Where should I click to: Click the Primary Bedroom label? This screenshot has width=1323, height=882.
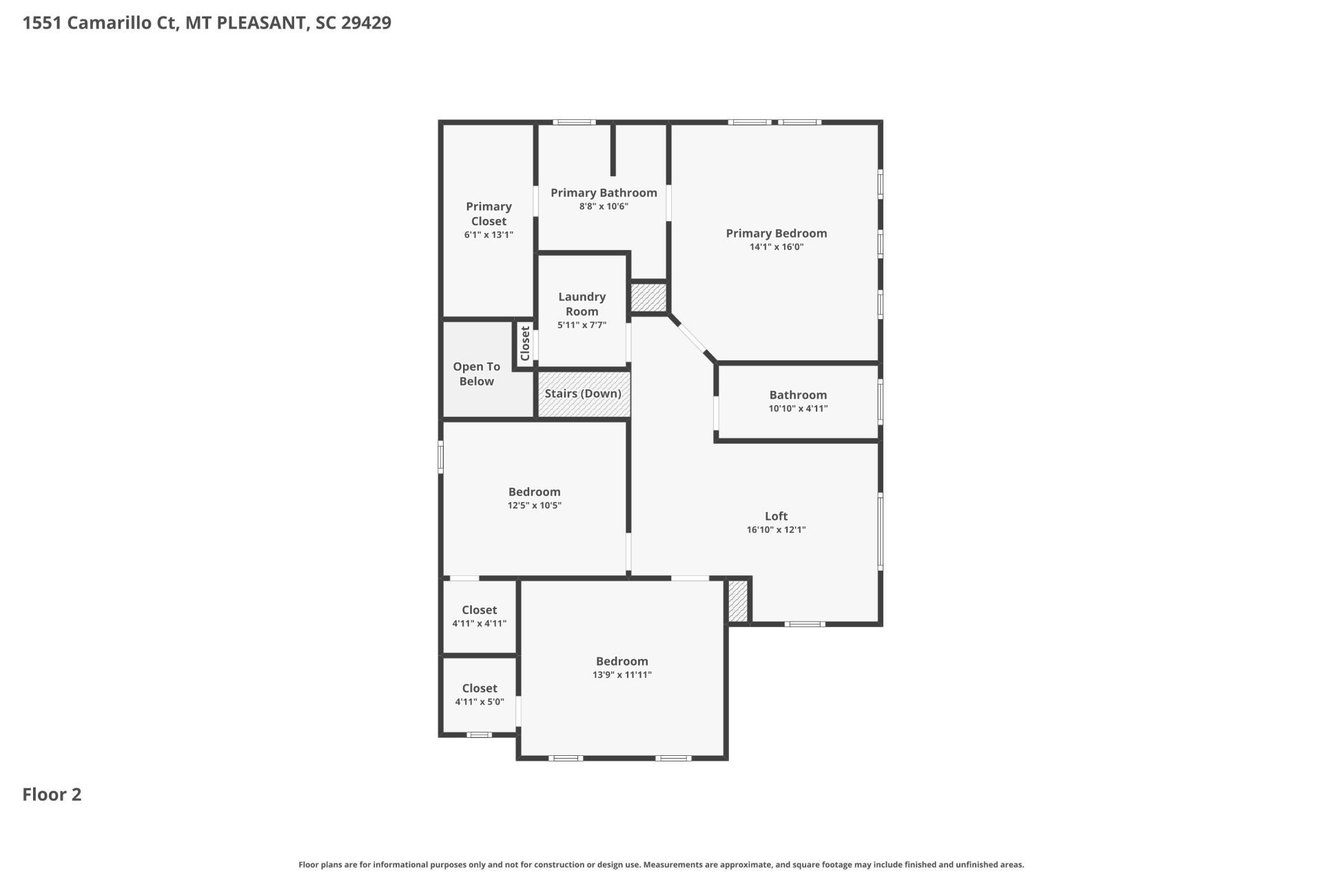tap(776, 234)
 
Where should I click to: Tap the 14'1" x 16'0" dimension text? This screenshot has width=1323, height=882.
tap(776, 247)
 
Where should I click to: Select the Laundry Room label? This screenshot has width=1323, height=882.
tap(582, 304)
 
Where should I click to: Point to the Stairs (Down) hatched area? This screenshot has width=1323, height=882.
tap(583, 393)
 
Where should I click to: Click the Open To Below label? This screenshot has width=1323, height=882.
tap(476, 373)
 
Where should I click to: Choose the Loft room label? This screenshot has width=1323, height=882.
tap(776, 516)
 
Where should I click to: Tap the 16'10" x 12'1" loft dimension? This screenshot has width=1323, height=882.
tap(776, 530)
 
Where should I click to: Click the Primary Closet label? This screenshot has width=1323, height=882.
tap(489, 214)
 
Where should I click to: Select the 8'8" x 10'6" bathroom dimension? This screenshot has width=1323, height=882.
tap(604, 206)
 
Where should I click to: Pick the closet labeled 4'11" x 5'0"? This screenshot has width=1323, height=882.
tap(480, 695)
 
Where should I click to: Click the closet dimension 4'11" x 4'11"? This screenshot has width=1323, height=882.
tap(479, 624)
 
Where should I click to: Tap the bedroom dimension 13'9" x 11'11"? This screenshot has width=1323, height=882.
tap(622, 675)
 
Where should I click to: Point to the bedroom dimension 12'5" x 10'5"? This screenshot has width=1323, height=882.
tap(534, 505)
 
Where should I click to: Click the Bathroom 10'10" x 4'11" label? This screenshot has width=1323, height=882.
tap(798, 401)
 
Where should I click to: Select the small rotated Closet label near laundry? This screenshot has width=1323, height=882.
tap(525, 343)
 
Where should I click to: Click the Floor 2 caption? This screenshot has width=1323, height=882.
tap(52, 794)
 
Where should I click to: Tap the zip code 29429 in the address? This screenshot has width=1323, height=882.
tap(366, 23)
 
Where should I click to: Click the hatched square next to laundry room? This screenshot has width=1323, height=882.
tap(648, 297)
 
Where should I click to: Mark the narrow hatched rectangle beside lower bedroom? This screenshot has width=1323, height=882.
tap(737, 601)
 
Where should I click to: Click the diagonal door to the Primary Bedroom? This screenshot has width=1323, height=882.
tap(693, 338)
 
